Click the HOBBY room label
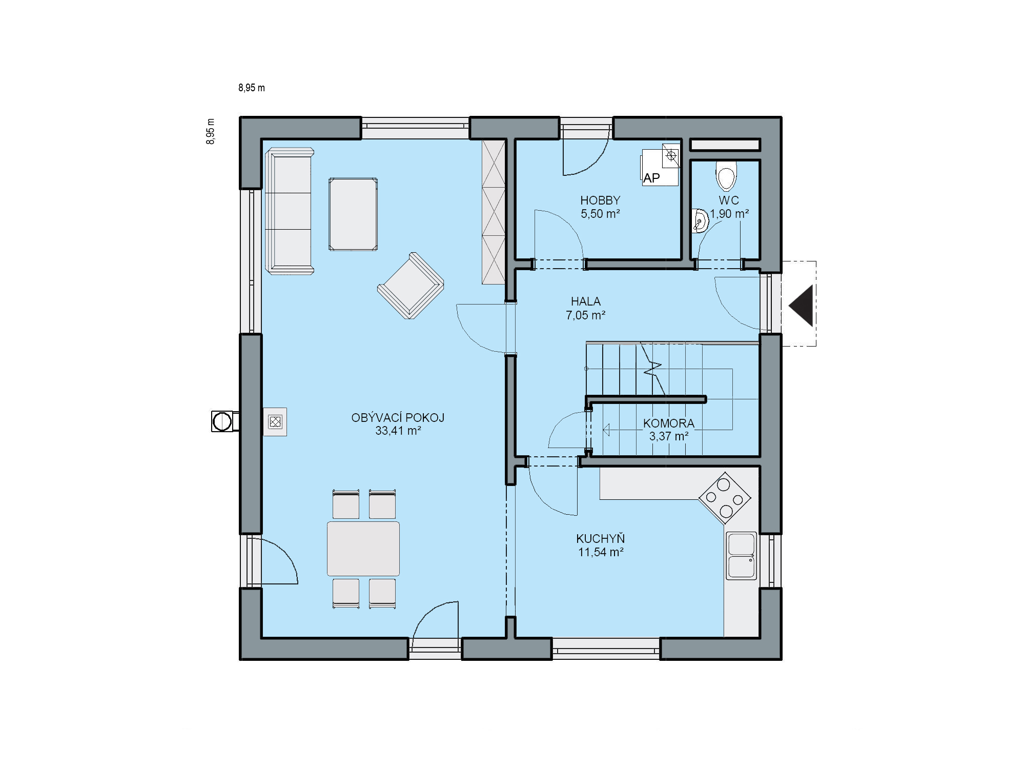(x=600, y=200)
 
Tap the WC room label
(x=729, y=200)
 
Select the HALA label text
(x=586, y=301)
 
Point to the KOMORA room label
(x=669, y=423)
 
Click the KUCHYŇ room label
(x=601, y=539)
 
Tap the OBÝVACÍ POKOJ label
(x=398, y=418)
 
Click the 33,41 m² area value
(x=398, y=431)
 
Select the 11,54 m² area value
(x=601, y=552)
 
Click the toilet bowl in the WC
(x=726, y=176)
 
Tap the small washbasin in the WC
(x=700, y=221)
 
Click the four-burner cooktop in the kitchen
(x=725, y=498)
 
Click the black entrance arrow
(x=801, y=306)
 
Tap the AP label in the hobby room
(x=651, y=178)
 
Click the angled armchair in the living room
(x=411, y=286)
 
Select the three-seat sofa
(x=289, y=211)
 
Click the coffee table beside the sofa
(x=353, y=214)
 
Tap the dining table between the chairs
(x=363, y=549)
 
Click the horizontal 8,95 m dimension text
(x=252, y=88)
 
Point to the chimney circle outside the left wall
(x=222, y=421)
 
